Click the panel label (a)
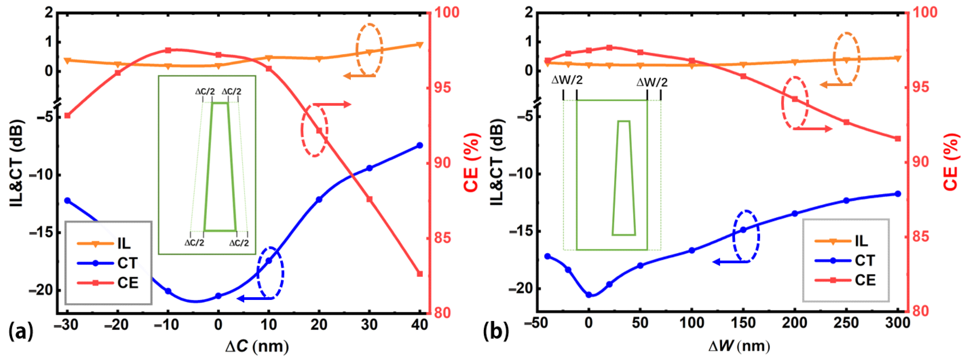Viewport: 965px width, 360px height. pyautogui.click(x=20, y=332)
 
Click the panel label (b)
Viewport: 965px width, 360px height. pyautogui.click(x=496, y=332)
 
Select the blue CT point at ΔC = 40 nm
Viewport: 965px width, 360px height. pyautogui.click(x=419, y=145)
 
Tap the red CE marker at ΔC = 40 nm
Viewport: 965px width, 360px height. pyautogui.click(x=419, y=274)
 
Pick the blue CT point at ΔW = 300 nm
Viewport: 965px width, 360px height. pyautogui.click(x=898, y=194)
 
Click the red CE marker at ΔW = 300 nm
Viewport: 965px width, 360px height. pyautogui.click(x=898, y=139)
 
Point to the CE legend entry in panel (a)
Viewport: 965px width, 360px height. pyautogui.click(x=127, y=283)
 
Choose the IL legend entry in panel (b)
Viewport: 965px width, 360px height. pyautogui.click(x=861, y=241)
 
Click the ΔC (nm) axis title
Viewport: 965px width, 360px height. pyautogui.click(x=257, y=347)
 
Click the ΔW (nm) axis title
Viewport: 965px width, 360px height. pyautogui.click(x=739, y=346)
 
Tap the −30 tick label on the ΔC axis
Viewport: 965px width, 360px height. pyautogui.click(x=66, y=325)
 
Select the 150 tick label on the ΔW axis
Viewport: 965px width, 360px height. pyautogui.click(x=743, y=323)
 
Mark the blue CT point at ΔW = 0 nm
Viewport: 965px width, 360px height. pyautogui.click(x=589, y=295)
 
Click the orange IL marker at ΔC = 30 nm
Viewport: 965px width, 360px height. pyautogui.click(x=369, y=52)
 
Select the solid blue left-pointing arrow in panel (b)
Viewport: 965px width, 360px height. pyautogui.click(x=730, y=262)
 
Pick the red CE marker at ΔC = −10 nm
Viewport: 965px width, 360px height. pyautogui.click(x=168, y=50)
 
